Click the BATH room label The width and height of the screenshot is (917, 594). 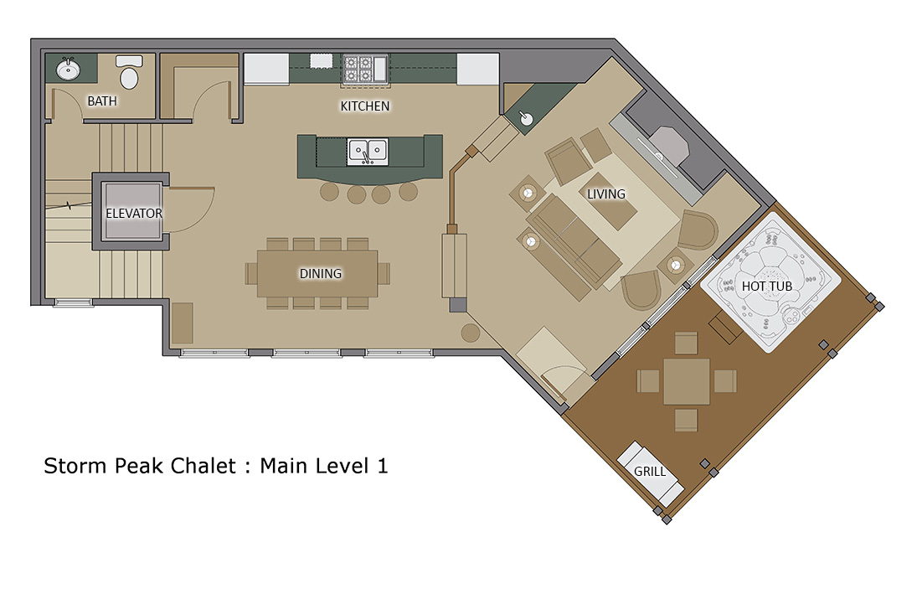click(102, 101)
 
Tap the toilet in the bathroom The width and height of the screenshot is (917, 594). click(129, 72)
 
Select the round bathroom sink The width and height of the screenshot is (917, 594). click(69, 70)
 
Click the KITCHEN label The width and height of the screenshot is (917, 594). click(365, 106)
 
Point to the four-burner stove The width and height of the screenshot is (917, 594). click(358, 69)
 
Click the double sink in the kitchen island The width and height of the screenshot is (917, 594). click(368, 152)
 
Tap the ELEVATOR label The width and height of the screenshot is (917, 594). click(134, 214)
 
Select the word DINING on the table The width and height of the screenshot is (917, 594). click(321, 274)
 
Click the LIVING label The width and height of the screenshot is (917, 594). click(605, 194)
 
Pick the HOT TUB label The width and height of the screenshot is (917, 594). click(767, 287)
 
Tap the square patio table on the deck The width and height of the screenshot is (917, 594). click(687, 381)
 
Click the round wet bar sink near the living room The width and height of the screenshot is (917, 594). click(527, 119)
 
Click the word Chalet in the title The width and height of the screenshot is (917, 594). click(203, 466)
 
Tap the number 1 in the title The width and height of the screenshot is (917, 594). click(383, 466)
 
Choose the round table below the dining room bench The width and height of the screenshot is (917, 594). click(471, 333)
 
